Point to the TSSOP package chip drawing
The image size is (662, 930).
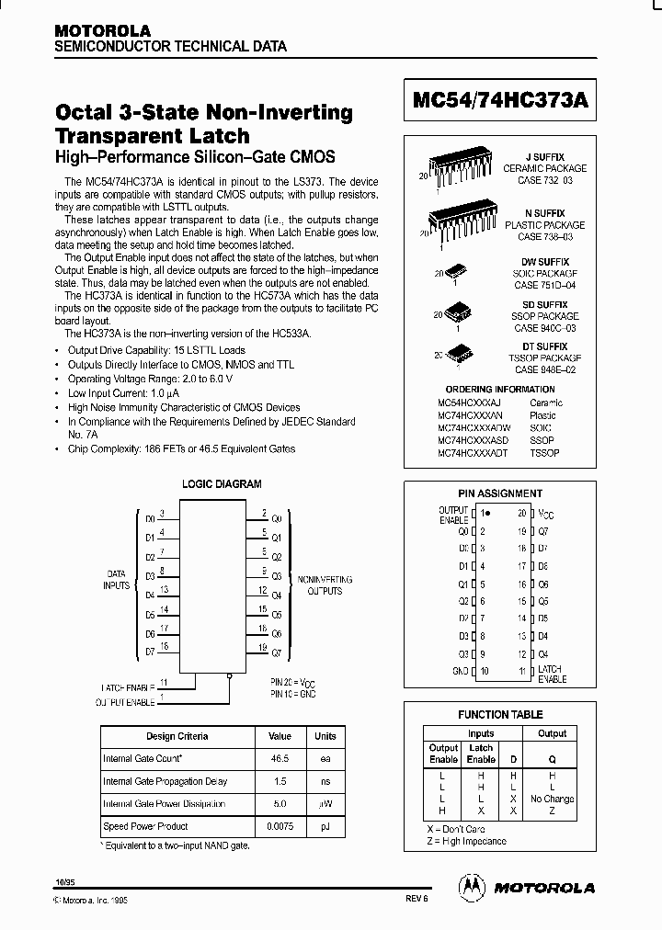459,354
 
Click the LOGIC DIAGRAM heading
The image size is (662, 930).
222,483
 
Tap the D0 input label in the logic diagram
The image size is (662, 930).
150,519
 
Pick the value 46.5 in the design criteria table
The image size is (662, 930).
280,758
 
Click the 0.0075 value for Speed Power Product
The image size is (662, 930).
280,826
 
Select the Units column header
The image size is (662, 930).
325,736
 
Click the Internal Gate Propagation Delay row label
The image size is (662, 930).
164,781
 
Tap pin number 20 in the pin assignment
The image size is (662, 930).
521,514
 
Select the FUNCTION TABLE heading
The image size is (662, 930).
500,714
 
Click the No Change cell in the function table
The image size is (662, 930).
552,799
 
